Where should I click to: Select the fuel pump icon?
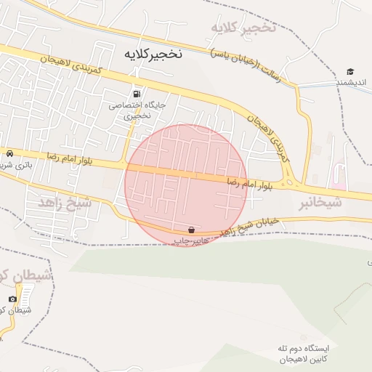137,94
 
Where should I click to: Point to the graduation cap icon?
350,72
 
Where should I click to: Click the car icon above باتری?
9,154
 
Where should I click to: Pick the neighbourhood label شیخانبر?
320,204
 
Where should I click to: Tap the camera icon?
12,299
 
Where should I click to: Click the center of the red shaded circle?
187,185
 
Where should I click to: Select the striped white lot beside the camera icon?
27,294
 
